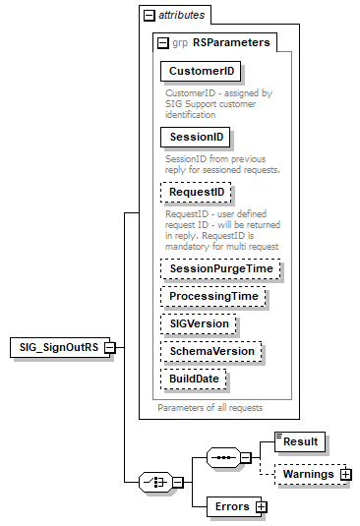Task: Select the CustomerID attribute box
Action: point(201,72)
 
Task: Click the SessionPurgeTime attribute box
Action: point(220,268)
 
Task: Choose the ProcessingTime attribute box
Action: point(213,296)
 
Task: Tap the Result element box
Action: point(300,443)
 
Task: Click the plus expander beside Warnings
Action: point(346,475)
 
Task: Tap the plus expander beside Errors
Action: point(261,506)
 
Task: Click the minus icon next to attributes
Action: point(149,16)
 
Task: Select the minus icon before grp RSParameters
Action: point(162,43)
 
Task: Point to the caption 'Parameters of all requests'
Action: point(210,406)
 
